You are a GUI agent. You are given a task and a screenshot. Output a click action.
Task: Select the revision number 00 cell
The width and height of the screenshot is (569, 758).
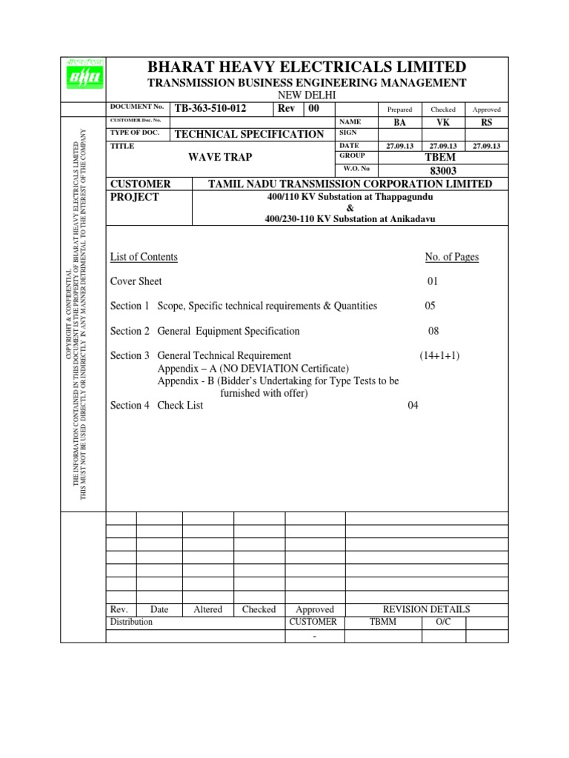pos(311,109)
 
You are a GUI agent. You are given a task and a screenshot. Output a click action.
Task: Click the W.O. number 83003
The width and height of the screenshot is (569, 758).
pos(442,170)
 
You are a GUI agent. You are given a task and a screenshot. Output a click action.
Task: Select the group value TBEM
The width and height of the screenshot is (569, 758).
pos(442,158)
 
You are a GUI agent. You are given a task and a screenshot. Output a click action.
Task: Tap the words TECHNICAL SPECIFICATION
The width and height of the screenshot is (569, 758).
pos(249,134)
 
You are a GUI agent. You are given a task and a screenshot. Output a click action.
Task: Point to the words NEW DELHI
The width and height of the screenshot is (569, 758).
pos(307,95)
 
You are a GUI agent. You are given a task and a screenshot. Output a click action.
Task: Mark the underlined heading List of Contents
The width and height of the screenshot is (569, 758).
pos(144,257)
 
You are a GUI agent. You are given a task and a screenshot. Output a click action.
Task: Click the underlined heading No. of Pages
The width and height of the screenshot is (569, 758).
pos(452,257)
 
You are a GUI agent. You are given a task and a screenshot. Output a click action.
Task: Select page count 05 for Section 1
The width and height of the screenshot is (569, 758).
pos(430,306)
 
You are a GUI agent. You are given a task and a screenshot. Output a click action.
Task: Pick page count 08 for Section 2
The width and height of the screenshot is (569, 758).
pos(434,331)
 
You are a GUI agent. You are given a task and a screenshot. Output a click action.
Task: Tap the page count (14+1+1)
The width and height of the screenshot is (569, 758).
pos(440,355)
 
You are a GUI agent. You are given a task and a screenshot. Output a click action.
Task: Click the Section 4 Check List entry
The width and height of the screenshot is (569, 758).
pos(156,405)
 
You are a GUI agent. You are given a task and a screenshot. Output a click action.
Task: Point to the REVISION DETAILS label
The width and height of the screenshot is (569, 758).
pos(426,609)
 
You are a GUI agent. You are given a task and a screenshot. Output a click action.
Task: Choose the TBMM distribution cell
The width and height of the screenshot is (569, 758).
pos(383,622)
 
